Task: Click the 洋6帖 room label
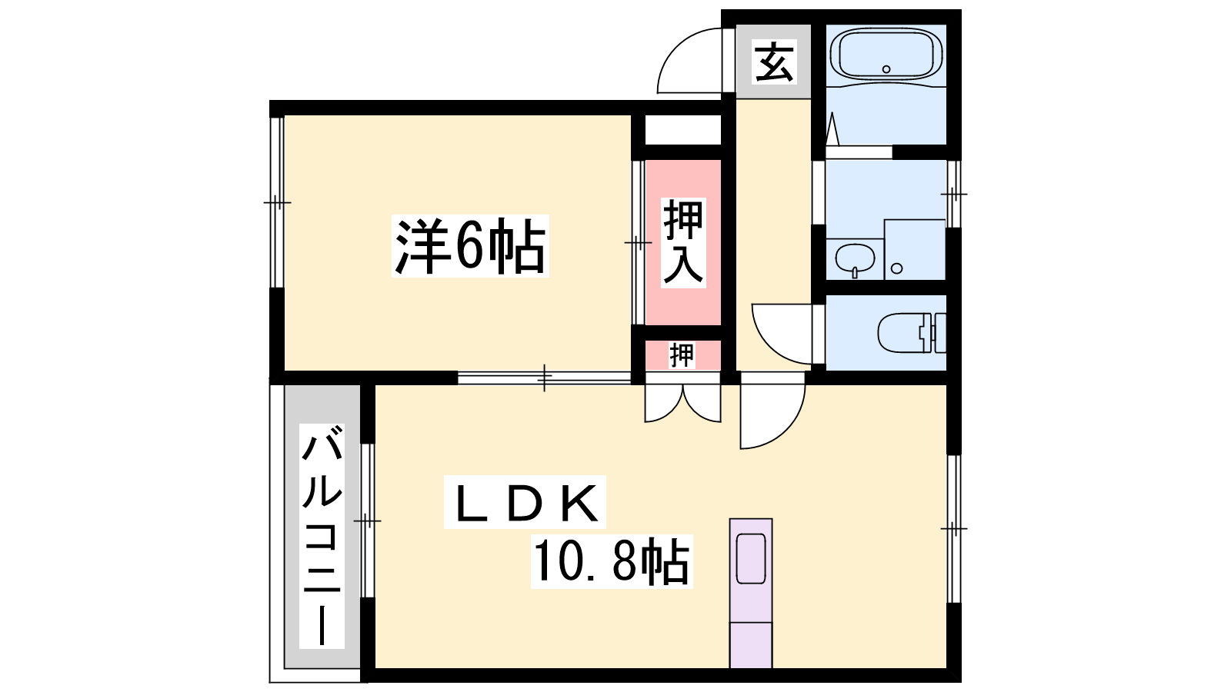(x=470, y=246)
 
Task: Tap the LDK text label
(x=525, y=503)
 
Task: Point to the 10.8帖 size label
(x=612, y=561)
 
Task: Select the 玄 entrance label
(x=774, y=62)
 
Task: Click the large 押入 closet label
(x=683, y=243)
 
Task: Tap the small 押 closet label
(x=682, y=355)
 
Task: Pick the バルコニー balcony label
(x=322, y=535)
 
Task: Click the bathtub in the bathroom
(x=886, y=55)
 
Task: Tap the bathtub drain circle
(x=886, y=69)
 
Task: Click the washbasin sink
(x=855, y=258)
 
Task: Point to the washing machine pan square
(x=915, y=249)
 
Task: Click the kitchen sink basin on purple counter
(x=751, y=558)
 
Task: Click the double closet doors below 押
(x=682, y=404)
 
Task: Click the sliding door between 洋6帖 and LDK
(x=544, y=378)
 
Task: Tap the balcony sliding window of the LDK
(x=368, y=520)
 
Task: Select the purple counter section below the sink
(x=751, y=645)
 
